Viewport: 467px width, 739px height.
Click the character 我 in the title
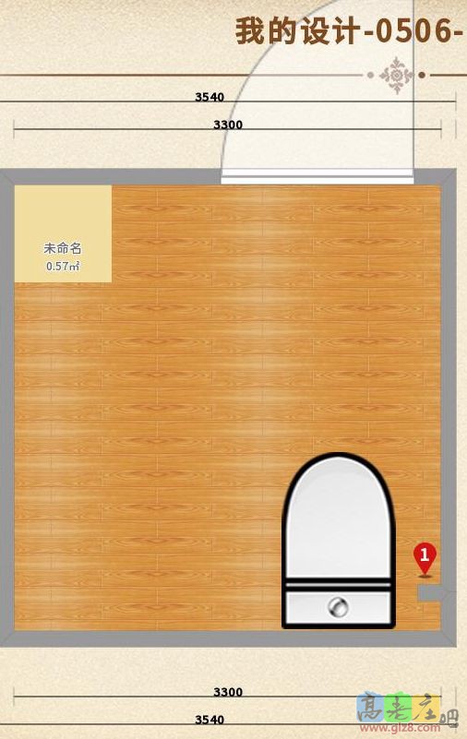(248, 30)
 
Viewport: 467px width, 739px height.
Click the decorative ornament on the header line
(398, 75)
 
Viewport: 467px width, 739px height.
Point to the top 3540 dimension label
(210, 96)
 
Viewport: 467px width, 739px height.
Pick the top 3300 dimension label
(228, 125)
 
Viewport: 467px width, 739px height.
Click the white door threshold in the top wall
(317, 175)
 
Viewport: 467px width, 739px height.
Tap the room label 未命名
(63, 248)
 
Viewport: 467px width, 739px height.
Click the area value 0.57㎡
(63, 266)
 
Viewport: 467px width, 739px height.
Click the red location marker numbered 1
(425, 556)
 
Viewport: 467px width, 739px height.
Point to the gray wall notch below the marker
(429, 594)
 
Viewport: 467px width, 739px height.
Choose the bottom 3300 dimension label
(228, 692)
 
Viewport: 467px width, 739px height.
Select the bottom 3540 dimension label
(210, 719)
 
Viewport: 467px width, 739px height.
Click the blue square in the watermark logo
(369, 707)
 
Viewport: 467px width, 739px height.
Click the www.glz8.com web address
(407, 725)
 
